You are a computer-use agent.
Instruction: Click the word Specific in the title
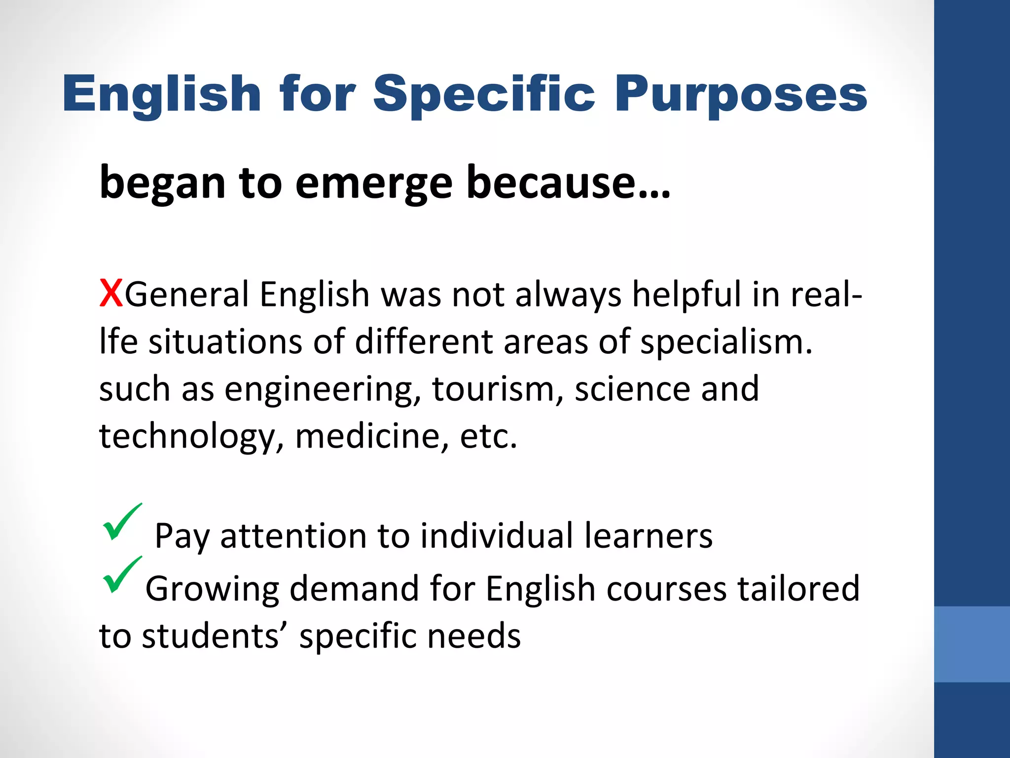click(x=484, y=94)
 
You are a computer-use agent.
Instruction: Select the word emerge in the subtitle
click(x=373, y=183)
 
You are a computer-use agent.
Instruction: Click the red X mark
click(x=111, y=294)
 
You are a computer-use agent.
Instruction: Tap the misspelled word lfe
click(x=118, y=341)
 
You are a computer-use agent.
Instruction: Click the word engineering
click(x=323, y=390)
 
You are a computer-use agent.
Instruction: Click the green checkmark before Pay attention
click(x=121, y=522)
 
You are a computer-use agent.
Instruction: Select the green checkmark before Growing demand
click(x=121, y=575)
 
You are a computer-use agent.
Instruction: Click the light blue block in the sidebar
click(x=972, y=644)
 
